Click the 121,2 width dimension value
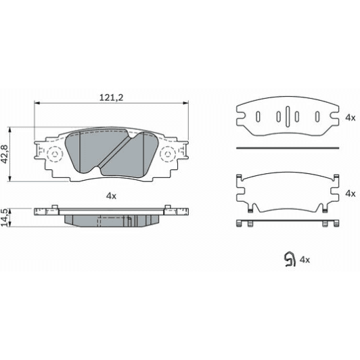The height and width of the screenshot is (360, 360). (112, 97)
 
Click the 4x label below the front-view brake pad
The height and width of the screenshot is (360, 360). (112, 196)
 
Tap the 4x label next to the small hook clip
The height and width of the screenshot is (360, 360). (305, 258)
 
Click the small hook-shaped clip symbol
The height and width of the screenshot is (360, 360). (288, 259)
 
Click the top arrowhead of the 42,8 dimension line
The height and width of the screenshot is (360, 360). (9, 129)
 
